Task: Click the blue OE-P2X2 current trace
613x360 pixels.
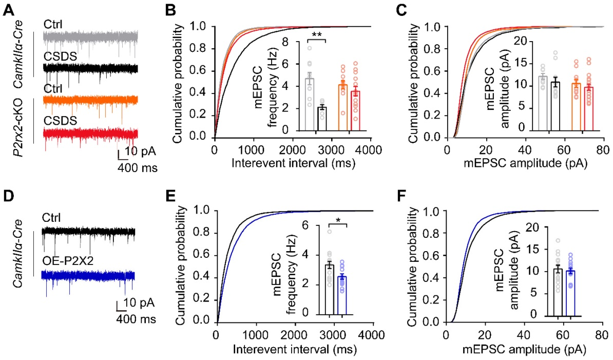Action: pos(88,276)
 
